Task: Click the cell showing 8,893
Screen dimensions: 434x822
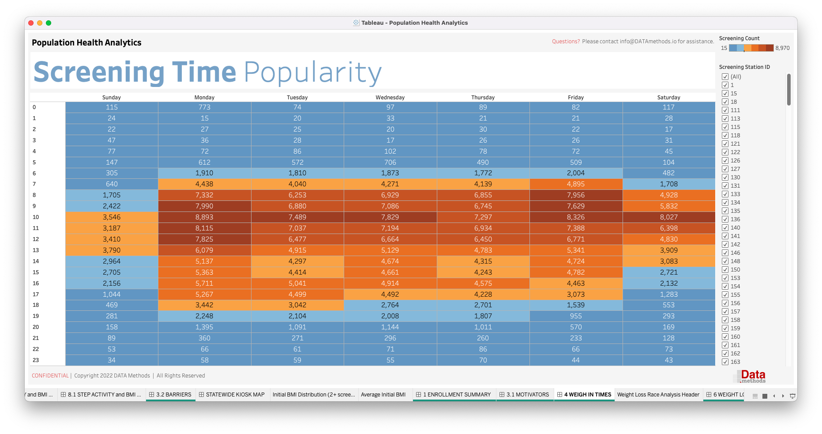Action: (x=204, y=217)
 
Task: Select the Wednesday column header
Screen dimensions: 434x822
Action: (x=390, y=98)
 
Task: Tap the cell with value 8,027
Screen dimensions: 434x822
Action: (x=668, y=217)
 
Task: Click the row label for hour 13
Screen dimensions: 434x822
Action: (x=36, y=250)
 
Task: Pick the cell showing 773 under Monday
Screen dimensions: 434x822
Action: (x=204, y=107)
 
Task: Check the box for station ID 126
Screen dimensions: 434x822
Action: (x=725, y=161)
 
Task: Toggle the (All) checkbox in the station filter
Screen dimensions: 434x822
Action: (x=725, y=77)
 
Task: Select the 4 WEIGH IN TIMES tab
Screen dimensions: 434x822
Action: (x=584, y=395)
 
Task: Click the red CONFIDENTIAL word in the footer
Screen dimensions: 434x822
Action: (x=50, y=376)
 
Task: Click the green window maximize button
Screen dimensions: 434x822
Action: (x=49, y=23)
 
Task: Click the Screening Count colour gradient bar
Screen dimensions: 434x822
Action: (x=751, y=48)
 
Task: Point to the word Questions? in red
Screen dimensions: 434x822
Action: (x=566, y=42)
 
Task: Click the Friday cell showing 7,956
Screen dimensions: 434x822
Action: (x=576, y=195)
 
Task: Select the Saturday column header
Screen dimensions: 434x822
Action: (x=668, y=98)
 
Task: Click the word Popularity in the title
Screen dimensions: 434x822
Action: (x=312, y=73)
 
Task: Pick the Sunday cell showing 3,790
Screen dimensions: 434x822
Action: (x=112, y=250)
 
